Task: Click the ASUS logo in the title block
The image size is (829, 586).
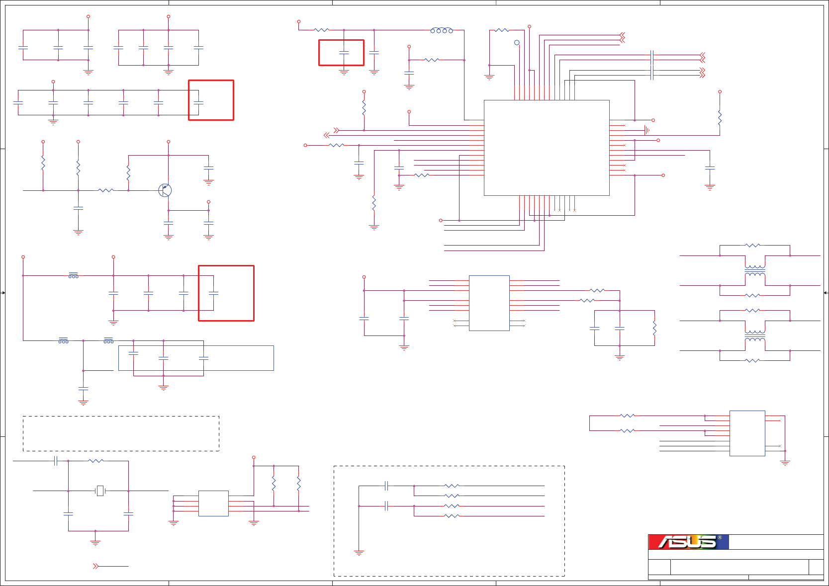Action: click(688, 542)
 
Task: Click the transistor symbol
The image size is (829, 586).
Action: click(165, 190)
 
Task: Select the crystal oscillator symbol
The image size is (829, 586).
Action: click(100, 491)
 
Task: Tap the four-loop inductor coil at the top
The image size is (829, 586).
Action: click(442, 30)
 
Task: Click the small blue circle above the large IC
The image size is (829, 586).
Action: click(517, 43)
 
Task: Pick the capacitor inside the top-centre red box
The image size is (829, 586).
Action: click(344, 52)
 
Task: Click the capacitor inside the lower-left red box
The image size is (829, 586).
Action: click(213, 294)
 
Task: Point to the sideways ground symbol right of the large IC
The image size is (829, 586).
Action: click(646, 130)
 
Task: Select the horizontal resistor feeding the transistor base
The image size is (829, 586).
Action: click(106, 190)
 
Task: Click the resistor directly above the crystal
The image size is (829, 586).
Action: click(96, 461)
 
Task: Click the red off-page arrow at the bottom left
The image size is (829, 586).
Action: click(95, 566)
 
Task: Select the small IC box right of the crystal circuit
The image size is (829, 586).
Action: click(213, 503)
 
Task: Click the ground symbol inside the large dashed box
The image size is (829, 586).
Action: click(359, 553)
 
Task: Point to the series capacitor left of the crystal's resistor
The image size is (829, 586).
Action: click(56, 461)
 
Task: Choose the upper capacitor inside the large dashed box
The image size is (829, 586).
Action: click(386, 486)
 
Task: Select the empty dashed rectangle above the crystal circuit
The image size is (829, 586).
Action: click(121, 433)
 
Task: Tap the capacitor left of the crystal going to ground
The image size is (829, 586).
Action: click(68, 513)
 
